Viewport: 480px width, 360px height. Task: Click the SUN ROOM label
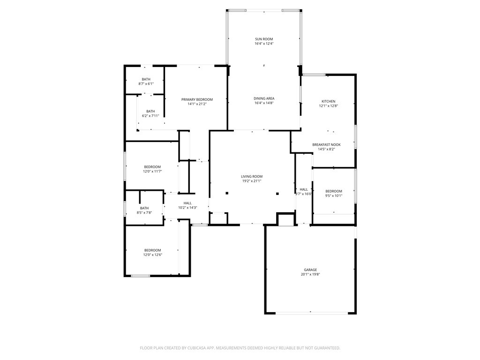tap(264, 39)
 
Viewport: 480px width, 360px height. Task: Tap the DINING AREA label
tap(264, 98)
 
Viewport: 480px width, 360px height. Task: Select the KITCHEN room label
tap(329, 101)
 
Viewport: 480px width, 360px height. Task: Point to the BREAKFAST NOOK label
tap(326, 145)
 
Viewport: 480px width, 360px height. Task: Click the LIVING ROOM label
tap(252, 177)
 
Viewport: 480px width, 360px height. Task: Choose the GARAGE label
tap(310, 270)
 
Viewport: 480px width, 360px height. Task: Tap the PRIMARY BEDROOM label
tap(197, 99)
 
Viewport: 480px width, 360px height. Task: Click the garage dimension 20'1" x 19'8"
tap(310, 275)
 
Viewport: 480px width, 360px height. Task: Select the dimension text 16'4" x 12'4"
tap(264, 44)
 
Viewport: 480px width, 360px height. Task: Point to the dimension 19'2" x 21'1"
tap(252, 181)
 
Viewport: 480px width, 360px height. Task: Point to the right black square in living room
tap(277, 194)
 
